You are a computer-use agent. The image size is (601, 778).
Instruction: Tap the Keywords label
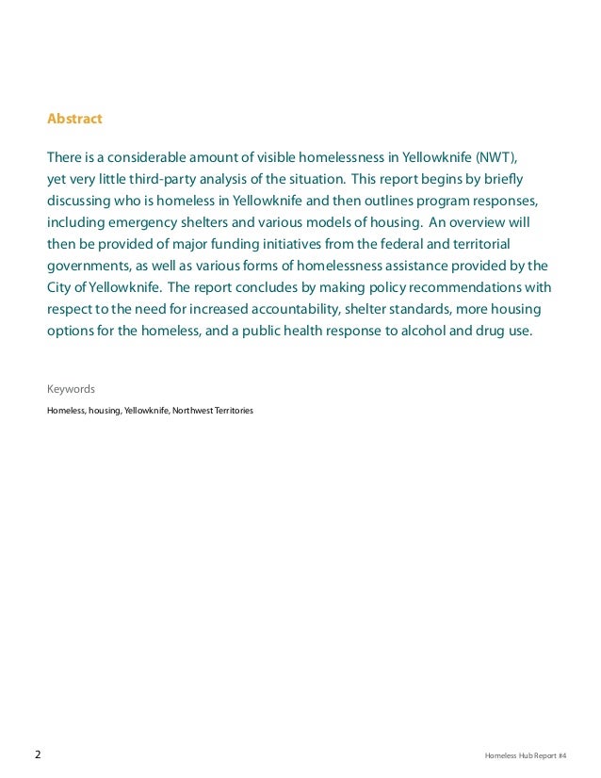(x=71, y=389)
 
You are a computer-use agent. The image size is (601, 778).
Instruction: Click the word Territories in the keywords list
(x=234, y=412)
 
